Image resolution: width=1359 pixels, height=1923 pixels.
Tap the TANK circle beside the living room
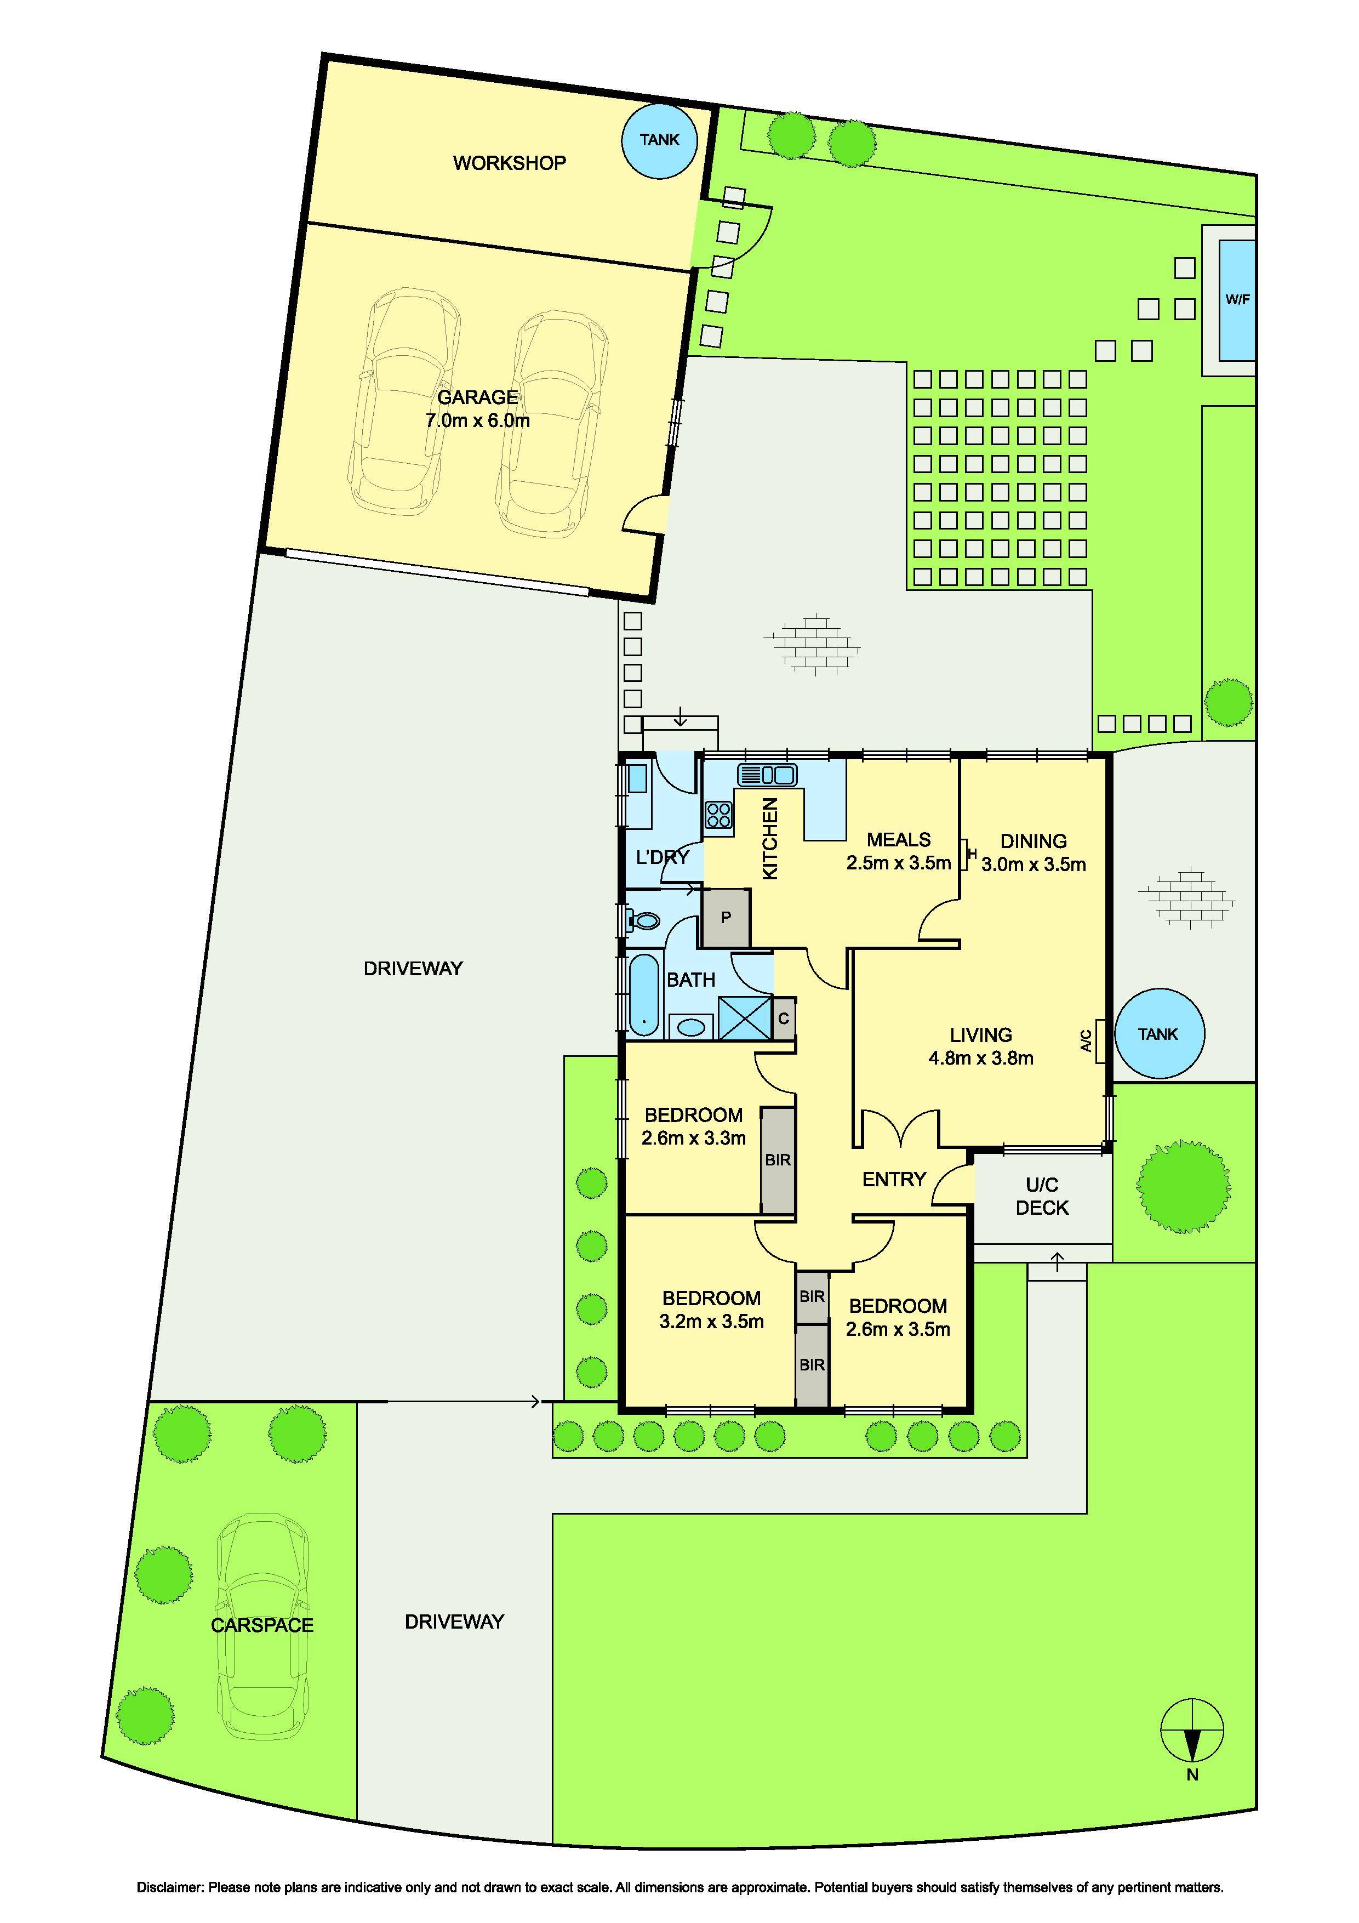pos(1158,1034)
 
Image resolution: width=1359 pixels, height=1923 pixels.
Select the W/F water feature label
pos(1237,299)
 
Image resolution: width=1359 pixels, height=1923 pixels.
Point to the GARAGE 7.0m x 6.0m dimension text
pos(477,420)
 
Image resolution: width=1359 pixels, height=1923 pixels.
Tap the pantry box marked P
pos(725,917)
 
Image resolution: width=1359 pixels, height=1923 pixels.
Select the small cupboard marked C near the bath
pos(784,1019)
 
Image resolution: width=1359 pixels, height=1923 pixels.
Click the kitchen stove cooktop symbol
pos(718,815)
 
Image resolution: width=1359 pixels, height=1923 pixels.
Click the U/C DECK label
pos(1042,1196)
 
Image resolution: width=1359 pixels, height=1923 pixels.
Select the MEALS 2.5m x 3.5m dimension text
pos(899,863)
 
